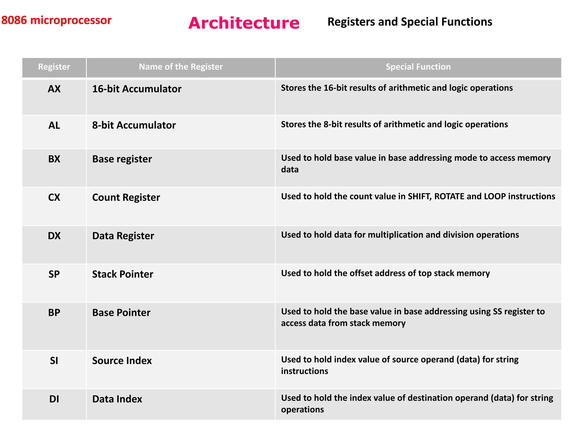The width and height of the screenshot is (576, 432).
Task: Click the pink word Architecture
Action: coord(244,23)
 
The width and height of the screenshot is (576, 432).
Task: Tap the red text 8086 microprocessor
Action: coord(56,20)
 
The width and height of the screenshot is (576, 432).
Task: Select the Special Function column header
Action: coord(418,67)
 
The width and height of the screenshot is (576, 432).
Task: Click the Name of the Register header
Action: coord(181,67)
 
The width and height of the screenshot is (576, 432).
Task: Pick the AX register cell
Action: coord(54,89)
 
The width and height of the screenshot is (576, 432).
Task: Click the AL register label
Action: coord(54,125)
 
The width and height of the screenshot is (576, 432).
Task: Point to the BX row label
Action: coord(54,159)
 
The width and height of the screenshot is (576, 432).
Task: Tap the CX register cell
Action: coord(54,197)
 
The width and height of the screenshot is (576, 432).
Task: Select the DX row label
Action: coord(54,236)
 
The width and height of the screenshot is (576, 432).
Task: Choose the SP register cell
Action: coord(54,274)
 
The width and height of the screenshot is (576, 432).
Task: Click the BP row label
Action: coord(54,313)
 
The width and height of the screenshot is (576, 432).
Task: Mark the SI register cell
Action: coord(54,361)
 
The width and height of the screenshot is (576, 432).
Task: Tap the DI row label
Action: coord(54,399)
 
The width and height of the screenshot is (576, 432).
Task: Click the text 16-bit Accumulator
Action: coord(137,89)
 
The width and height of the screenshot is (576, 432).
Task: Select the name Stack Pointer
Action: coord(123,274)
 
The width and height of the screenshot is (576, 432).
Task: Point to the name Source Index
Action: coord(122,361)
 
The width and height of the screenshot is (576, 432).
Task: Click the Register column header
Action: coord(54,67)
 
